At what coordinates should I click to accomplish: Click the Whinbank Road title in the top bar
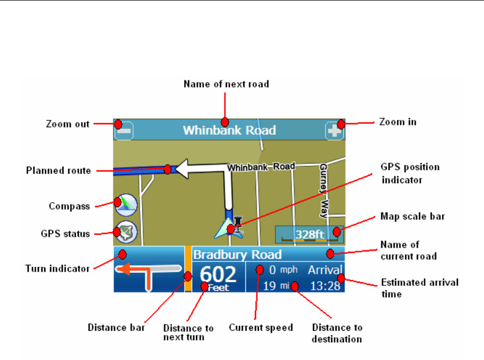229,130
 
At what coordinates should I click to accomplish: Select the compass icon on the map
126,204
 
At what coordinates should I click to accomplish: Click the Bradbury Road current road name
237,255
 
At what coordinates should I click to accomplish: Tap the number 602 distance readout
218,275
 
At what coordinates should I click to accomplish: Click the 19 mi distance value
276,286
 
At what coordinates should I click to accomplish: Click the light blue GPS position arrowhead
223,230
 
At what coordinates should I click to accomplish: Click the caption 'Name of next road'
226,84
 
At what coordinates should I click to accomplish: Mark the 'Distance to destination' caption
337,333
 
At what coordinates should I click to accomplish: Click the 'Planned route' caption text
58,171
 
